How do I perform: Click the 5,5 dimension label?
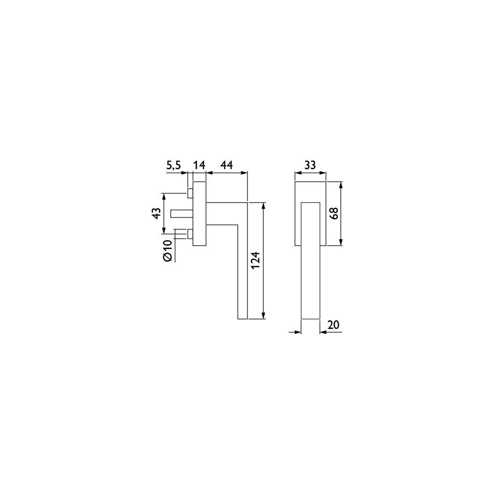174,165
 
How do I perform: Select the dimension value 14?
199,165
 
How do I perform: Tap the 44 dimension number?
226,165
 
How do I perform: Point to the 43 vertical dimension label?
157,213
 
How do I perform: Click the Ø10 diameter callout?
168,250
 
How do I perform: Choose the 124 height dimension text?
255,260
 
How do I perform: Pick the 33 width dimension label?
310,165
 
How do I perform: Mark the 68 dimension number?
334,213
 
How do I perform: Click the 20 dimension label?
333,324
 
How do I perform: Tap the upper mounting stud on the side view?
190,193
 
